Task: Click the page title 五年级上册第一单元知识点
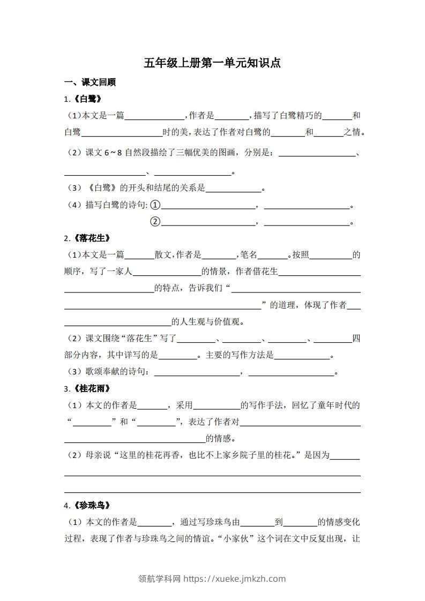click(x=212, y=63)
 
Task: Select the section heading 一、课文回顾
click(x=90, y=82)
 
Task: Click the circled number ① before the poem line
click(x=155, y=205)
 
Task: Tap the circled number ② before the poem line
click(x=155, y=222)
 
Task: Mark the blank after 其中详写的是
click(x=178, y=356)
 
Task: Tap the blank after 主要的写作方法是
click(x=302, y=356)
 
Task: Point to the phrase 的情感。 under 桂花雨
click(x=221, y=439)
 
